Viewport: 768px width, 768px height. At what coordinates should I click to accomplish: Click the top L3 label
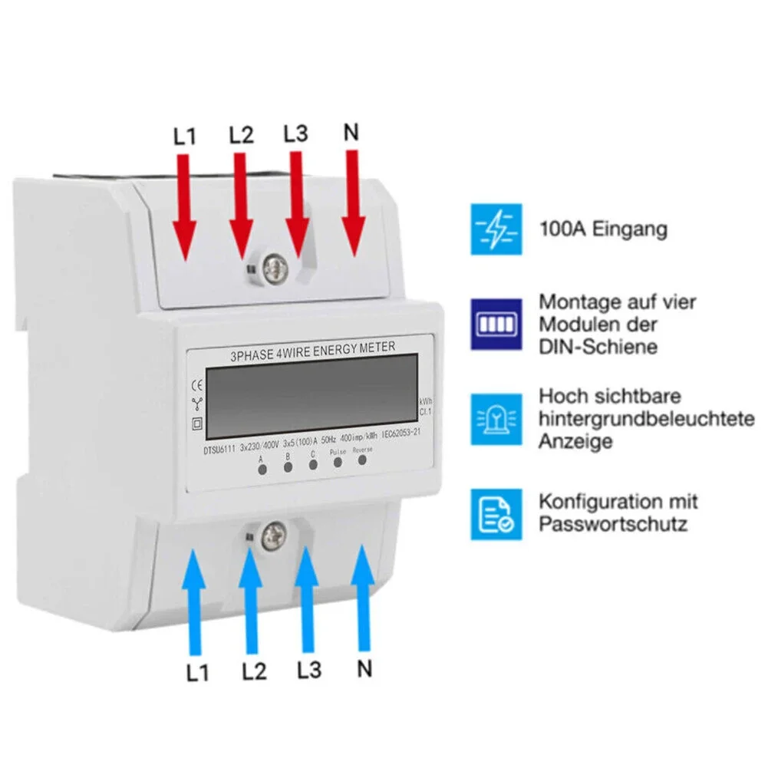coord(295,133)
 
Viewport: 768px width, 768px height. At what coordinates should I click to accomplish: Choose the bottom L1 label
coord(197,672)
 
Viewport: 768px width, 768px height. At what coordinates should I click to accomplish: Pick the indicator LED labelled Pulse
coord(338,463)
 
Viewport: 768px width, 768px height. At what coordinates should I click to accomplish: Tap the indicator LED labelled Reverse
coord(362,462)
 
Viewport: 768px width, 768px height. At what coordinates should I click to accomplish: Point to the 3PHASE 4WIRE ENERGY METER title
coord(313,350)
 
